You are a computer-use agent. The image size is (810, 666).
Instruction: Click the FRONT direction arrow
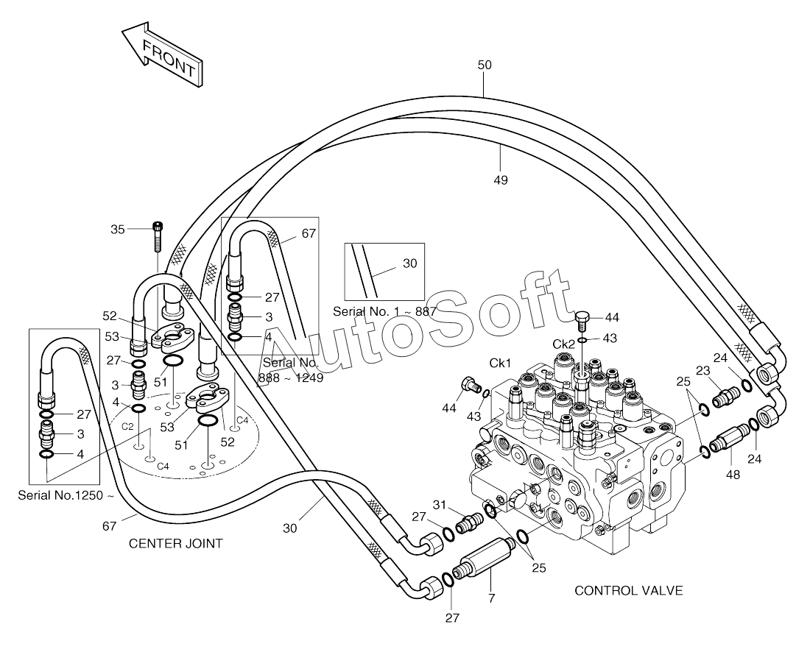(162, 54)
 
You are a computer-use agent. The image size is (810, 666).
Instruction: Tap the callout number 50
(485, 65)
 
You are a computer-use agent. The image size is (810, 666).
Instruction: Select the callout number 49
(501, 180)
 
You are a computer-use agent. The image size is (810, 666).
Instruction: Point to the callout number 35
(118, 229)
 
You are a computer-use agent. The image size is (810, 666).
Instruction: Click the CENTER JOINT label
(176, 544)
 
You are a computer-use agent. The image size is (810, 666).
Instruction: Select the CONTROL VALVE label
(629, 591)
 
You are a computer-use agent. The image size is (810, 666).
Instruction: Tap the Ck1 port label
(500, 364)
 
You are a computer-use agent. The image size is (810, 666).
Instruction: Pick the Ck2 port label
(563, 344)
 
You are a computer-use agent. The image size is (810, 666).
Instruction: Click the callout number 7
(492, 598)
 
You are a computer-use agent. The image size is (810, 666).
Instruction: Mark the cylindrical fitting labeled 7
(483, 559)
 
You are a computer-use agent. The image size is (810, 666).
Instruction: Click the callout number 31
(439, 505)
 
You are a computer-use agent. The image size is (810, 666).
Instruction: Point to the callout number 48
(733, 475)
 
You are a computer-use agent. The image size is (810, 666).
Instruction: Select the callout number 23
(703, 371)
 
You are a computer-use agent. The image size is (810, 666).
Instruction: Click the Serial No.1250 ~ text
(66, 495)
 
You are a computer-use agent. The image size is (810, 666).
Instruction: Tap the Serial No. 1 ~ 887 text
(385, 312)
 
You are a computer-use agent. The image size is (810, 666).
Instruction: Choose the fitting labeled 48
(730, 438)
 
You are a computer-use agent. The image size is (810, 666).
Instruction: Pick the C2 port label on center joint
(127, 426)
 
